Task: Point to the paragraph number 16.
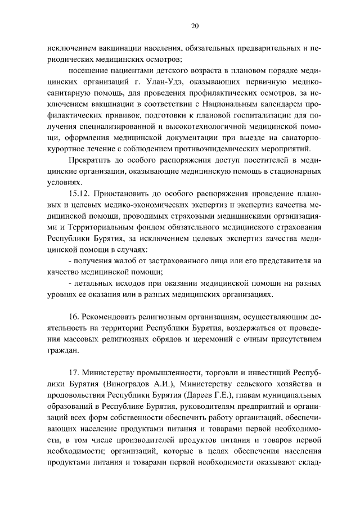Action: pyautogui.click(x=74, y=316)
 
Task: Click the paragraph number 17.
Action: pyautogui.click(x=74, y=372)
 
